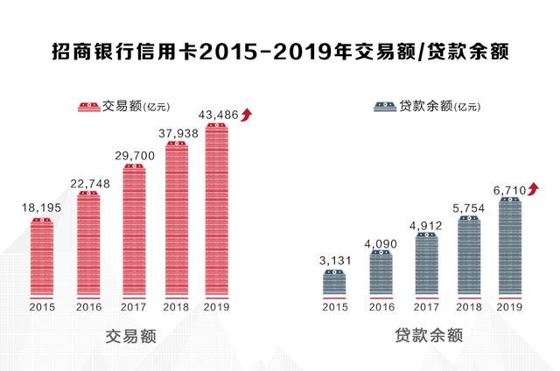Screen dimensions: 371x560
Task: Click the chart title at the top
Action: click(x=279, y=53)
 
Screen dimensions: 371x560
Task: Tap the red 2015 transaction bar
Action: click(x=41, y=257)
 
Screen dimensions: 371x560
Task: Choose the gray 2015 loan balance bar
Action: click(x=334, y=283)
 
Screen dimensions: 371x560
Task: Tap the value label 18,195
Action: click(x=38, y=207)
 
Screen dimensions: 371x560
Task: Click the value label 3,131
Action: click(x=334, y=260)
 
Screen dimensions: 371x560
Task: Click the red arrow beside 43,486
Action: click(x=247, y=113)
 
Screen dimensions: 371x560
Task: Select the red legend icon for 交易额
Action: click(x=89, y=107)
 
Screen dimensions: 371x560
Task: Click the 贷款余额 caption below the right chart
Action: click(x=423, y=336)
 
